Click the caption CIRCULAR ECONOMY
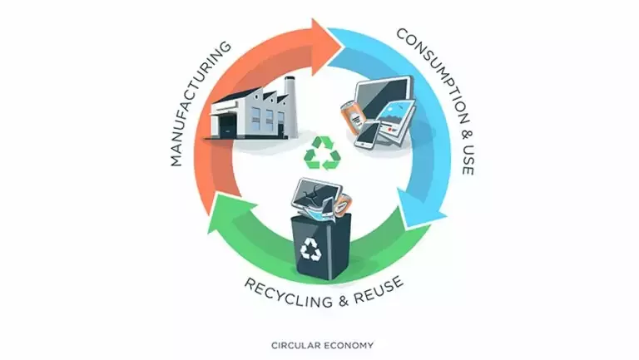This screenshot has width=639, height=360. tap(319, 344)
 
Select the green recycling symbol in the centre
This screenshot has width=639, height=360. tap(319, 154)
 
